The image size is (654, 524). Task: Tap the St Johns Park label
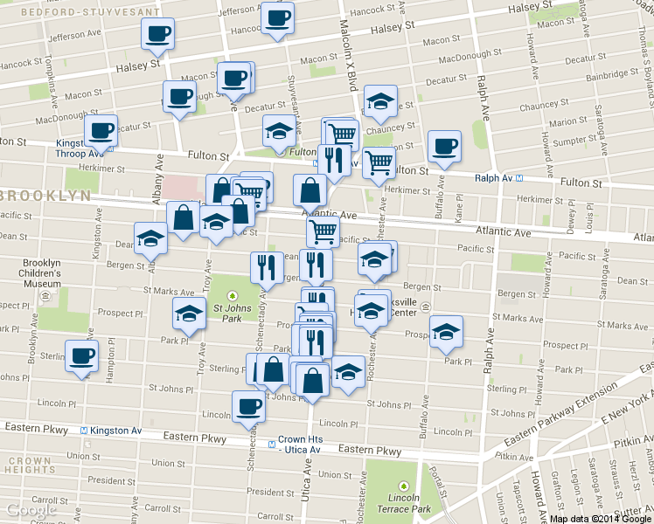coord(222,313)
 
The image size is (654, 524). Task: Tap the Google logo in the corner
coord(31,510)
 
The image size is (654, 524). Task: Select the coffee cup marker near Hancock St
coord(277,17)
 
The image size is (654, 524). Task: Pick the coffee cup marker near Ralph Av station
coord(444,146)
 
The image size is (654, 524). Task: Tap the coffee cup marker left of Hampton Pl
coord(82,355)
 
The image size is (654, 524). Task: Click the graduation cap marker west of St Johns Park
coord(188,313)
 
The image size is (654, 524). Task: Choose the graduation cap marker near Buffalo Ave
coord(446,331)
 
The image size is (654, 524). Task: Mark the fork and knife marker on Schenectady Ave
coord(263,266)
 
